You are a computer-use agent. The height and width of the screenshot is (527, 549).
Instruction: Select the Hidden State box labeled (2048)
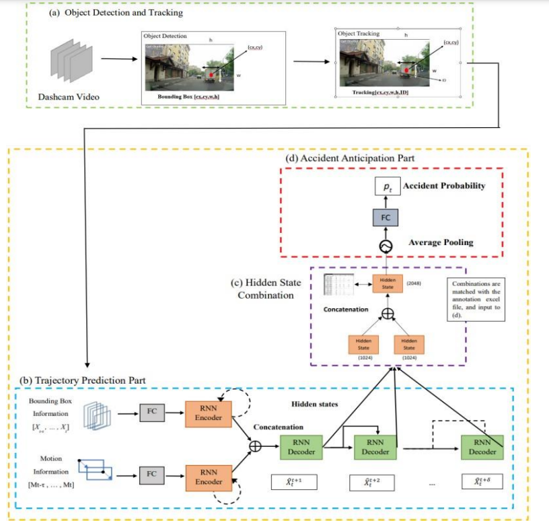click(388, 283)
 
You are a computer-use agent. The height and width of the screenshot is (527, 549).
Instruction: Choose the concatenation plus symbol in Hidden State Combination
click(388, 313)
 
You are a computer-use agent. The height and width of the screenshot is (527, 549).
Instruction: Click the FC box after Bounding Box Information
click(151, 413)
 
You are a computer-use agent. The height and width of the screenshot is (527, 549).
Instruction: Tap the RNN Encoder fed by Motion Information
click(209, 477)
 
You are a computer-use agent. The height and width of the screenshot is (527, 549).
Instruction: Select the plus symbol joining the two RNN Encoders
click(256, 446)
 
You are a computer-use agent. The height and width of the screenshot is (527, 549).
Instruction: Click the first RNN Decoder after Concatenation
click(300, 446)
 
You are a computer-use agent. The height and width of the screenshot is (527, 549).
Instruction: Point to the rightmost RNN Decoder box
click(482, 446)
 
